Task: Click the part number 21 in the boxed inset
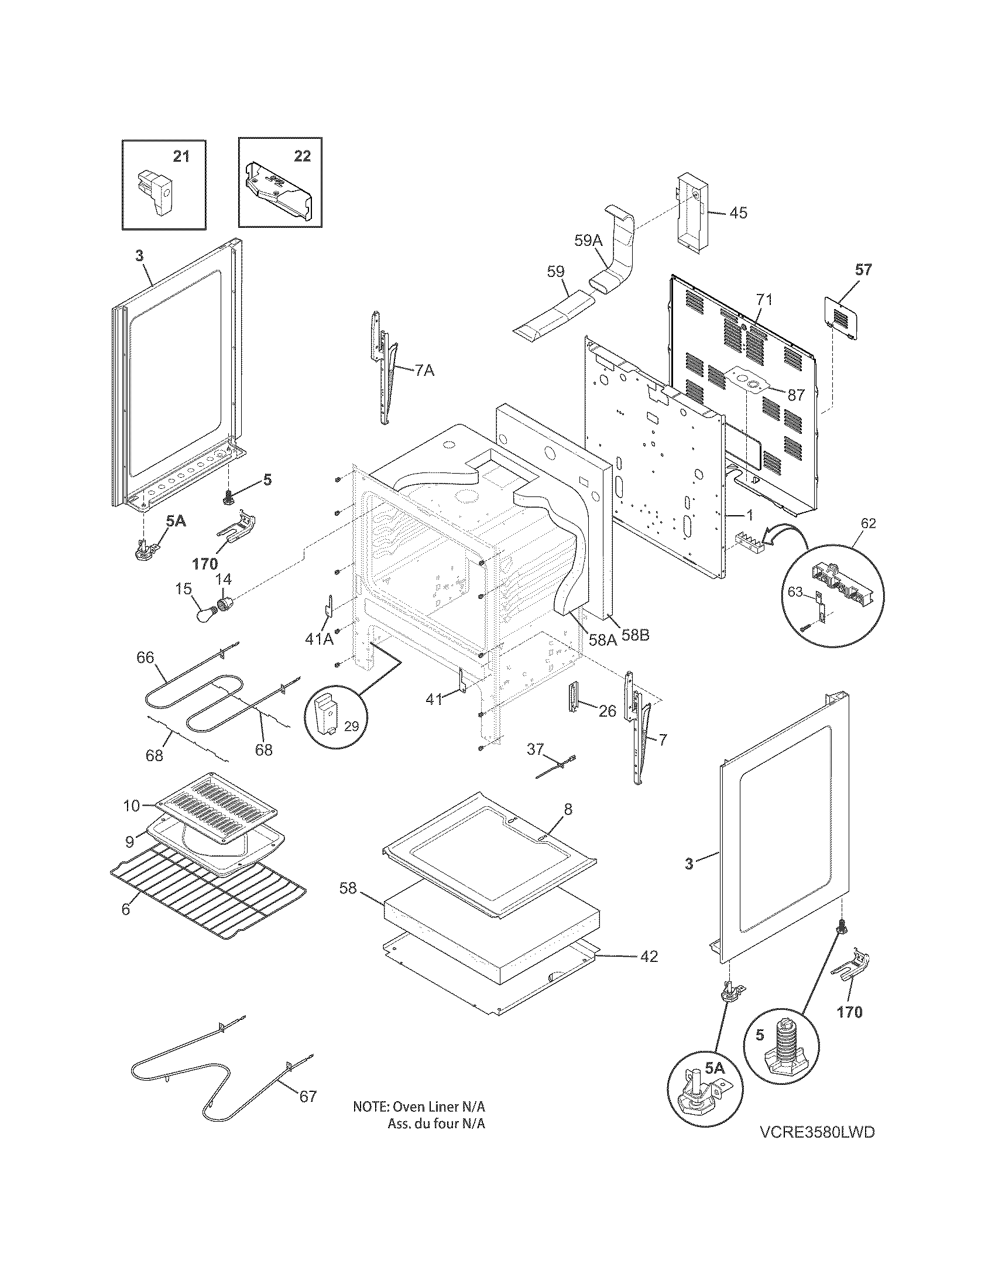(181, 156)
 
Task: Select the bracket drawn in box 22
(277, 190)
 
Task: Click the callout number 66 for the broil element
(145, 657)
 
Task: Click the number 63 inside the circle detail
(795, 591)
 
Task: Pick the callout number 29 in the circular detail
(351, 726)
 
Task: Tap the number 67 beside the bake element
(308, 1097)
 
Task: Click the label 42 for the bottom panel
(649, 956)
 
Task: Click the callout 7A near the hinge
(424, 371)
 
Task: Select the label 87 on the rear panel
(796, 395)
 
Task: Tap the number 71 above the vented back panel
(764, 300)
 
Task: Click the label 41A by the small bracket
(319, 638)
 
